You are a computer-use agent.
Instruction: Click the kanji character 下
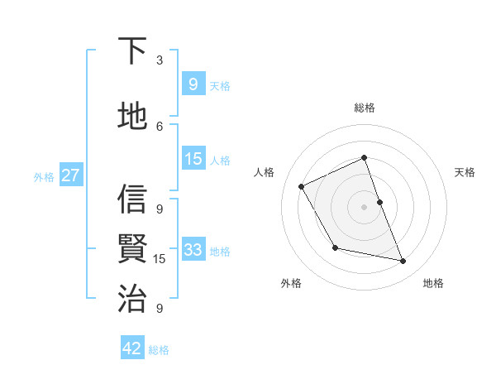pyautogui.click(x=133, y=51)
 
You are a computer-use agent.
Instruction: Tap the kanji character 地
pyautogui.click(x=133, y=116)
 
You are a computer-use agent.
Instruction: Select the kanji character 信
pyautogui.click(x=133, y=199)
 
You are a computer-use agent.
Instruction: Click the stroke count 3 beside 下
pyautogui.click(x=160, y=60)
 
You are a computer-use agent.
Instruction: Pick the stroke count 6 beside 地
pyautogui.click(x=160, y=126)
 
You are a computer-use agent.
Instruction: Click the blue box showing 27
pyautogui.click(x=70, y=175)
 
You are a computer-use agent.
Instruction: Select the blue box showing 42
pyautogui.click(x=132, y=348)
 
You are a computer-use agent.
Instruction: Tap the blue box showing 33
pyautogui.click(x=193, y=250)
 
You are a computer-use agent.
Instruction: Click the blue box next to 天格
pyautogui.click(x=193, y=84)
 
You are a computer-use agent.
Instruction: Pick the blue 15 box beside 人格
pyautogui.click(x=193, y=159)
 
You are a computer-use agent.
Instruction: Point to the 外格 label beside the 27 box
pyautogui.click(x=44, y=176)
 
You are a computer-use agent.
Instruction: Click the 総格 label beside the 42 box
pyautogui.click(x=159, y=350)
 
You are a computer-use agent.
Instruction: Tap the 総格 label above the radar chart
pyautogui.click(x=364, y=108)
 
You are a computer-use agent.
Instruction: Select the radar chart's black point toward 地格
pyautogui.click(x=403, y=262)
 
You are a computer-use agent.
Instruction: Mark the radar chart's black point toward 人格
pyautogui.click(x=302, y=186)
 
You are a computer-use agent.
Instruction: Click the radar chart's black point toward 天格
pyautogui.click(x=379, y=202)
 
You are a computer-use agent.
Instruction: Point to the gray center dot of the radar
pyautogui.click(x=364, y=207)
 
